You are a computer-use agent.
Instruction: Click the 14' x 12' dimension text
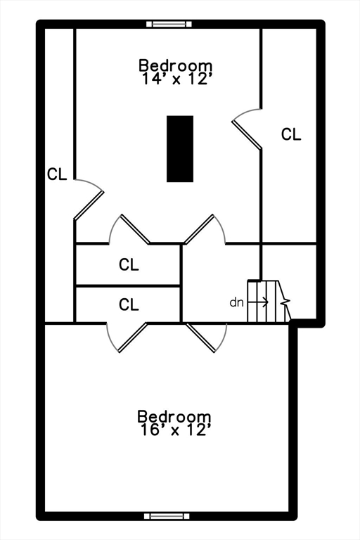coord(176,79)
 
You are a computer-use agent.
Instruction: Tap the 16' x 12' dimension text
coord(175,430)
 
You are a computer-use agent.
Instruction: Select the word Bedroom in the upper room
coord(175,65)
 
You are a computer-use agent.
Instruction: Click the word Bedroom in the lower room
coord(174,416)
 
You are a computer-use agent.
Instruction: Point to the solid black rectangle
coord(180,149)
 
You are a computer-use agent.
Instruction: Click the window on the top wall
coord(169,24)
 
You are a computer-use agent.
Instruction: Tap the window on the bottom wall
coord(167,516)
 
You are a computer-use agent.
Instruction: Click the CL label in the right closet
coord(291,134)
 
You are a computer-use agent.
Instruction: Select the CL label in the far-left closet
coord(57,174)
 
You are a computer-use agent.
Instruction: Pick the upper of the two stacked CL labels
coord(129,264)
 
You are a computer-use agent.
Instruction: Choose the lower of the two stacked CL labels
coord(129,304)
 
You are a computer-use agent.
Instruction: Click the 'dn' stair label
coord(237,302)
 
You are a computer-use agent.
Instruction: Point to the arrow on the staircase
coord(258,302)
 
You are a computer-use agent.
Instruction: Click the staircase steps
coord(269,302)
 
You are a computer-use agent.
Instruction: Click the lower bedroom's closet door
coord(134,337)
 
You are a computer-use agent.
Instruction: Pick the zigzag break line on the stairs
coord(286,302)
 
